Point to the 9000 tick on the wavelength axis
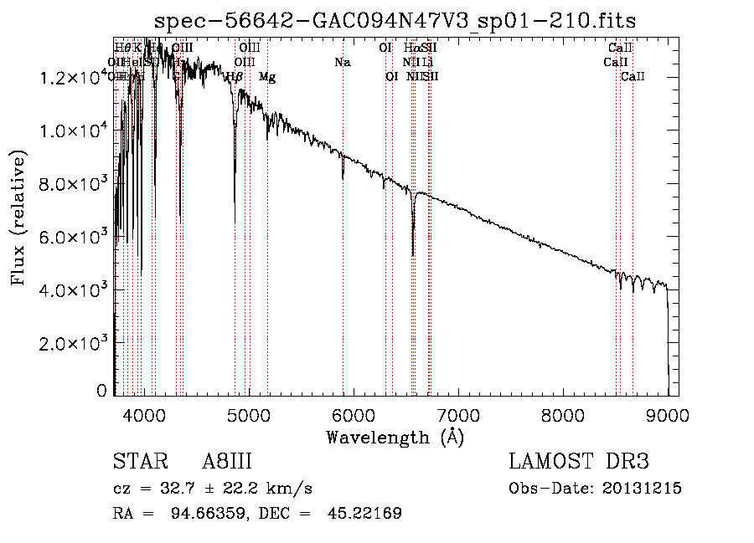click(x=667, y=413)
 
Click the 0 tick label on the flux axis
click(x=102, y=391)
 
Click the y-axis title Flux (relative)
click(x=18, y=218)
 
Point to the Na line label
click(x=342, y=62)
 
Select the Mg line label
click(x=267, y=77)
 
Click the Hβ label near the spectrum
click(x=235, y=77)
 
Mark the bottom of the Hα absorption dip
click(x=413, y=254)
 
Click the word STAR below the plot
click(x=139, y=462)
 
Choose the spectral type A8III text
click(x=227, y=462)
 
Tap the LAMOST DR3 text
click(x=579, y=462)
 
